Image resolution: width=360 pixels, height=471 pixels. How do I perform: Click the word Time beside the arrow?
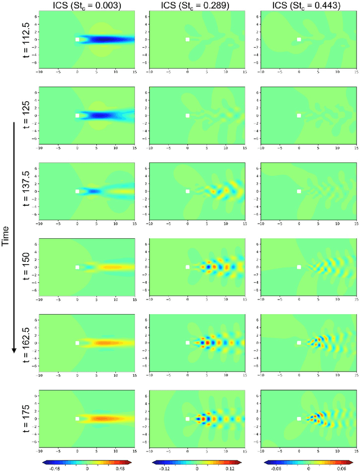pos(6,237)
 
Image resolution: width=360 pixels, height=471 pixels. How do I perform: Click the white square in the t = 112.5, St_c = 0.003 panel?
pos(77,39)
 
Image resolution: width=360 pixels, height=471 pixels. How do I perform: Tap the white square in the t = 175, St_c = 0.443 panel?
pos(299,419)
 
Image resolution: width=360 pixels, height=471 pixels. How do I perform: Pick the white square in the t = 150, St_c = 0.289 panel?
pos(188,267)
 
